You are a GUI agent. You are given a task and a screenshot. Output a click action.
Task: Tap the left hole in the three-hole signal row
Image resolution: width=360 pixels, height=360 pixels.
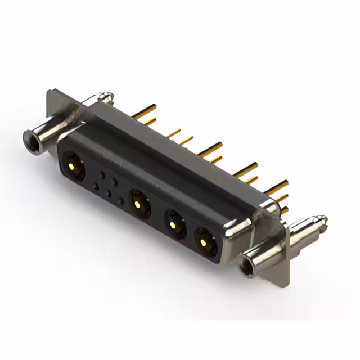click(96, 187)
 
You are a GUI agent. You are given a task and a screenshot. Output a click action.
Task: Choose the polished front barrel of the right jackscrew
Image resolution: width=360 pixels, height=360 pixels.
click(264, 253)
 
